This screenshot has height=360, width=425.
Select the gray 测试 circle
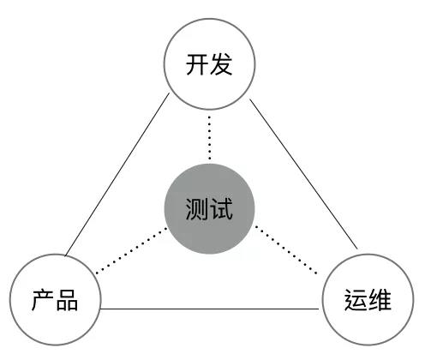(x=209, y=209)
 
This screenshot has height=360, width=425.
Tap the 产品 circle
(x=56, y=300)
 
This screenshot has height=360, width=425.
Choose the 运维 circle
(x=368, y=300)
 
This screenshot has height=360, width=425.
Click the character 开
(x=197, y=64)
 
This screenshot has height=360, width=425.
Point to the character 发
(x=221, y=64)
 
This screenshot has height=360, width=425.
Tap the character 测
(x=197, y=209)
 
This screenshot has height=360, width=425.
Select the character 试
(x=221, y=209)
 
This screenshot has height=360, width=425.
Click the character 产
(x=43, y=300)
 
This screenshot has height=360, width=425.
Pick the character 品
(x=67, y=300)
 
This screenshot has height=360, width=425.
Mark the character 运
(x=356, y=300)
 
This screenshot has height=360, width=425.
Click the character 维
(x=380, y=300)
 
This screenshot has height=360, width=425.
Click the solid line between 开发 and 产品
(x=117, y=174)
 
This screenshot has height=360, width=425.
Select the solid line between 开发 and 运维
(x=303, y=174)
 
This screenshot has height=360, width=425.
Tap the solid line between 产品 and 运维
(x=210, y=309)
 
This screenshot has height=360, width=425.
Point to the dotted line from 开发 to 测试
(x=210, y=138)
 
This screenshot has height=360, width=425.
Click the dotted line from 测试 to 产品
(x=132, y=250)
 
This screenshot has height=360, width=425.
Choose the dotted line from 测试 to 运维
(x=286, y=250)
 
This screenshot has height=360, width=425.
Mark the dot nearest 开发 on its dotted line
(x=210, y=117)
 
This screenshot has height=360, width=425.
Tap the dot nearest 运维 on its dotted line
(x=316, y=273)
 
